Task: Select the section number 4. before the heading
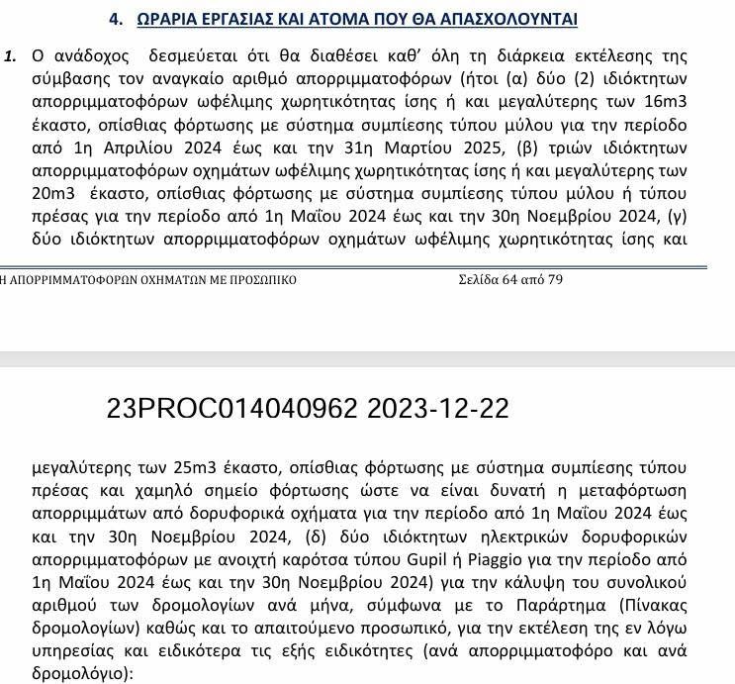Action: click(116, 19)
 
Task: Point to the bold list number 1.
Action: click(11, 56)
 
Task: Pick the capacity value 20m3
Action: click(54, 193)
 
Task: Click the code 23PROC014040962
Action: click(234, 409)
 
